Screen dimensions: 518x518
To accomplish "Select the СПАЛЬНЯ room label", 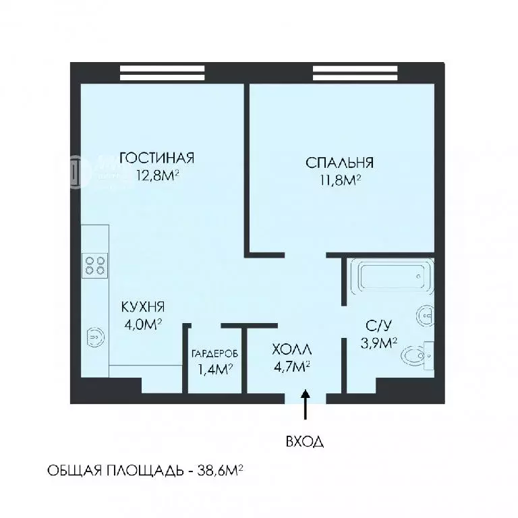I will coord(340,163).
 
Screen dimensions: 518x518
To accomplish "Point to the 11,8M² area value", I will coord(340,180).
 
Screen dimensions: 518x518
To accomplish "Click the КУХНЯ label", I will coord(143,307).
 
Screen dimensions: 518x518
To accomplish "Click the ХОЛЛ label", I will coord(292,349).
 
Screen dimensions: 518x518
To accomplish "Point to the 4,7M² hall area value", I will coord(291,366).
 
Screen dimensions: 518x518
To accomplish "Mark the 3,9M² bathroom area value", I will coord(378,343).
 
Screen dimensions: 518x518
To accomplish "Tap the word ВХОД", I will coord(305,442).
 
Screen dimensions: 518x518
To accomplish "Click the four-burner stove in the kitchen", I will coord(94,264).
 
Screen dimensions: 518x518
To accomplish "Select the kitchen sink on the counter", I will coord(94,335).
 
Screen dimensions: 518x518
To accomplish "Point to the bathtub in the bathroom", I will coord(391,277).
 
